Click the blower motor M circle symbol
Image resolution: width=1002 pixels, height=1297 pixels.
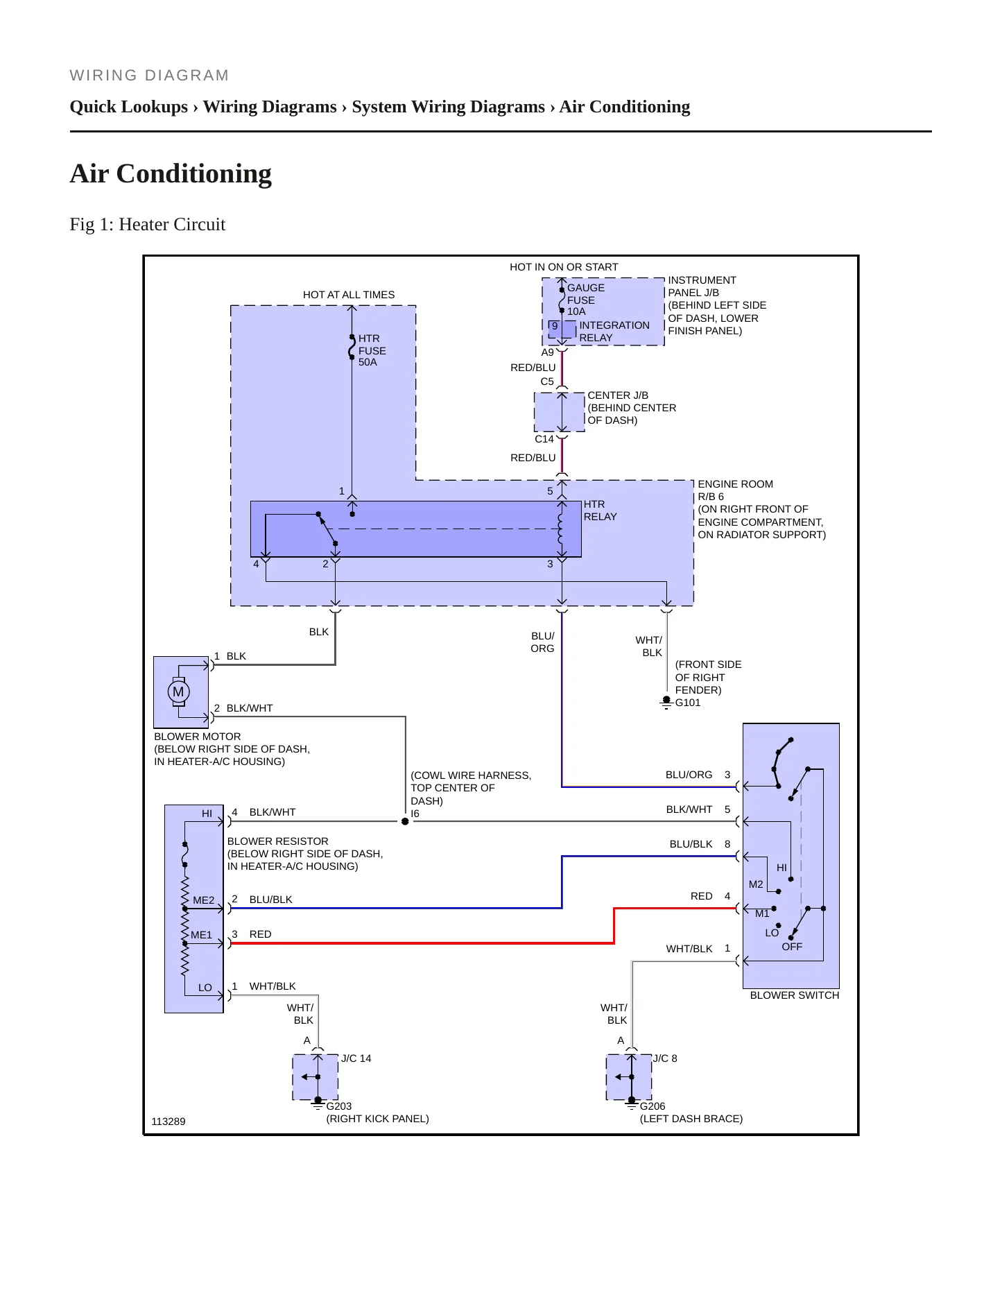point(178,692)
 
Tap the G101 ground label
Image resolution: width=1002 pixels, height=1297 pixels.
point(688,703)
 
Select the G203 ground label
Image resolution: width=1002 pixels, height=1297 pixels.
point(339,1106)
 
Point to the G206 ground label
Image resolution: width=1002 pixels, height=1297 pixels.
point(653,1106)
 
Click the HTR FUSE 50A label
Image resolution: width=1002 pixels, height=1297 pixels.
point(372,350)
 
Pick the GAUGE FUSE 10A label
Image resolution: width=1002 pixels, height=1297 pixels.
point(586,300)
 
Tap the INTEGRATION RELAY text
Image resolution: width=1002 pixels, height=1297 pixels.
point(614,332)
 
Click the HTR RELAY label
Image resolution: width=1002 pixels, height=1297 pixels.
point(600,510)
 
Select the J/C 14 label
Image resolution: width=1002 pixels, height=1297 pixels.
point(356,1058)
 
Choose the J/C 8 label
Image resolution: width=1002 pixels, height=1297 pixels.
point(665,1058)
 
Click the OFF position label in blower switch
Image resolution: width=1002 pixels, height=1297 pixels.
point(792,947)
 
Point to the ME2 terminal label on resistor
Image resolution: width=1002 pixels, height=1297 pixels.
point(204,900)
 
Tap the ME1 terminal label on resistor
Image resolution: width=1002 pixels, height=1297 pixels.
point(202,935)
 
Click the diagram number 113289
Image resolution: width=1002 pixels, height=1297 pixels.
point(169,1122)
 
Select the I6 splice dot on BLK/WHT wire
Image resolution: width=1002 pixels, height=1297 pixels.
point(405,821)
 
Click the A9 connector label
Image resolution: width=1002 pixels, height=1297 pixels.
point(548,352)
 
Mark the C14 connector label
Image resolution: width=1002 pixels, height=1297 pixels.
point(544,439)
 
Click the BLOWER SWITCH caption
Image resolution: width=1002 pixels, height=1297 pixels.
point(795,995)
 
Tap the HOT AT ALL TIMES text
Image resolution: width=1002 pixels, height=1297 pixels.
point(349,295)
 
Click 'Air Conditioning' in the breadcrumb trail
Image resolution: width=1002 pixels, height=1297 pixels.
point(625,107)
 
